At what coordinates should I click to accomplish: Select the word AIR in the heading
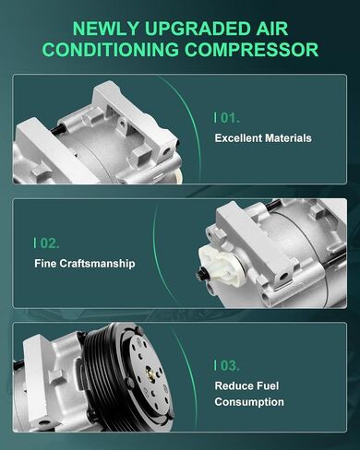272,29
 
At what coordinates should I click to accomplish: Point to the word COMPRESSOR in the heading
251,50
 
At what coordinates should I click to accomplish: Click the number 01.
230,118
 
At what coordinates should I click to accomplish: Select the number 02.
50,243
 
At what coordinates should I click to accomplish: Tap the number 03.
230,365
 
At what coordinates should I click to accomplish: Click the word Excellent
238,138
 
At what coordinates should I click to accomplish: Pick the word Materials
288,138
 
